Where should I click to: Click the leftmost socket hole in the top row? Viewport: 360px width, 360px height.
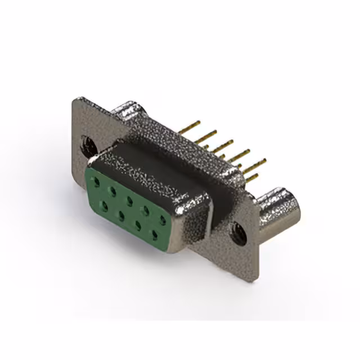coord(97,181)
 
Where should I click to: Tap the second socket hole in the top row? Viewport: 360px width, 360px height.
coord(113,190)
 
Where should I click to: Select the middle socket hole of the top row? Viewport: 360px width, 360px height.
coord(129,199)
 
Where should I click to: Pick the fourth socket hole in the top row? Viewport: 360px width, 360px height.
coord(146,209)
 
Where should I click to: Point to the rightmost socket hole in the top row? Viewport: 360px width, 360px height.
coord(163,219)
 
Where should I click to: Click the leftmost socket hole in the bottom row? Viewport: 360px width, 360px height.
coord(105,203)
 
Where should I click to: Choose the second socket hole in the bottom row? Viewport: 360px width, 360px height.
coord(121,213)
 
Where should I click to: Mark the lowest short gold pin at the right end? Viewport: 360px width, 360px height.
coord(252,178)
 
